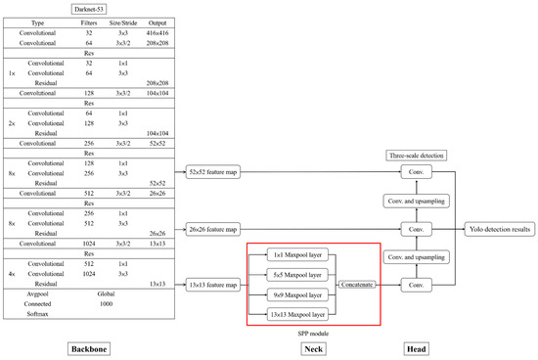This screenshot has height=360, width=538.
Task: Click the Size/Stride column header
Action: click(122, 22)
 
